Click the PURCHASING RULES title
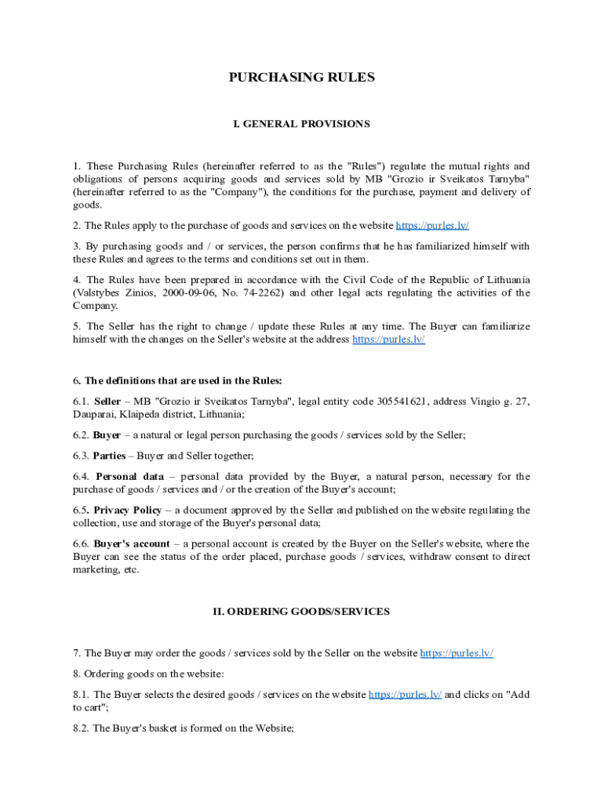301,77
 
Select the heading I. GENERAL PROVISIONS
301,124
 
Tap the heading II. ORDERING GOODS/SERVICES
301,611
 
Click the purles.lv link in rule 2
432,226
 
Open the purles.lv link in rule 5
388,340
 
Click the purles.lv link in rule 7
457,652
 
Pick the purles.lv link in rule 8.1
405,694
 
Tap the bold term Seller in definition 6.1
107,401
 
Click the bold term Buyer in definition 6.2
107,434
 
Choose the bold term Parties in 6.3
109,456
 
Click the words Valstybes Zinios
110,293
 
